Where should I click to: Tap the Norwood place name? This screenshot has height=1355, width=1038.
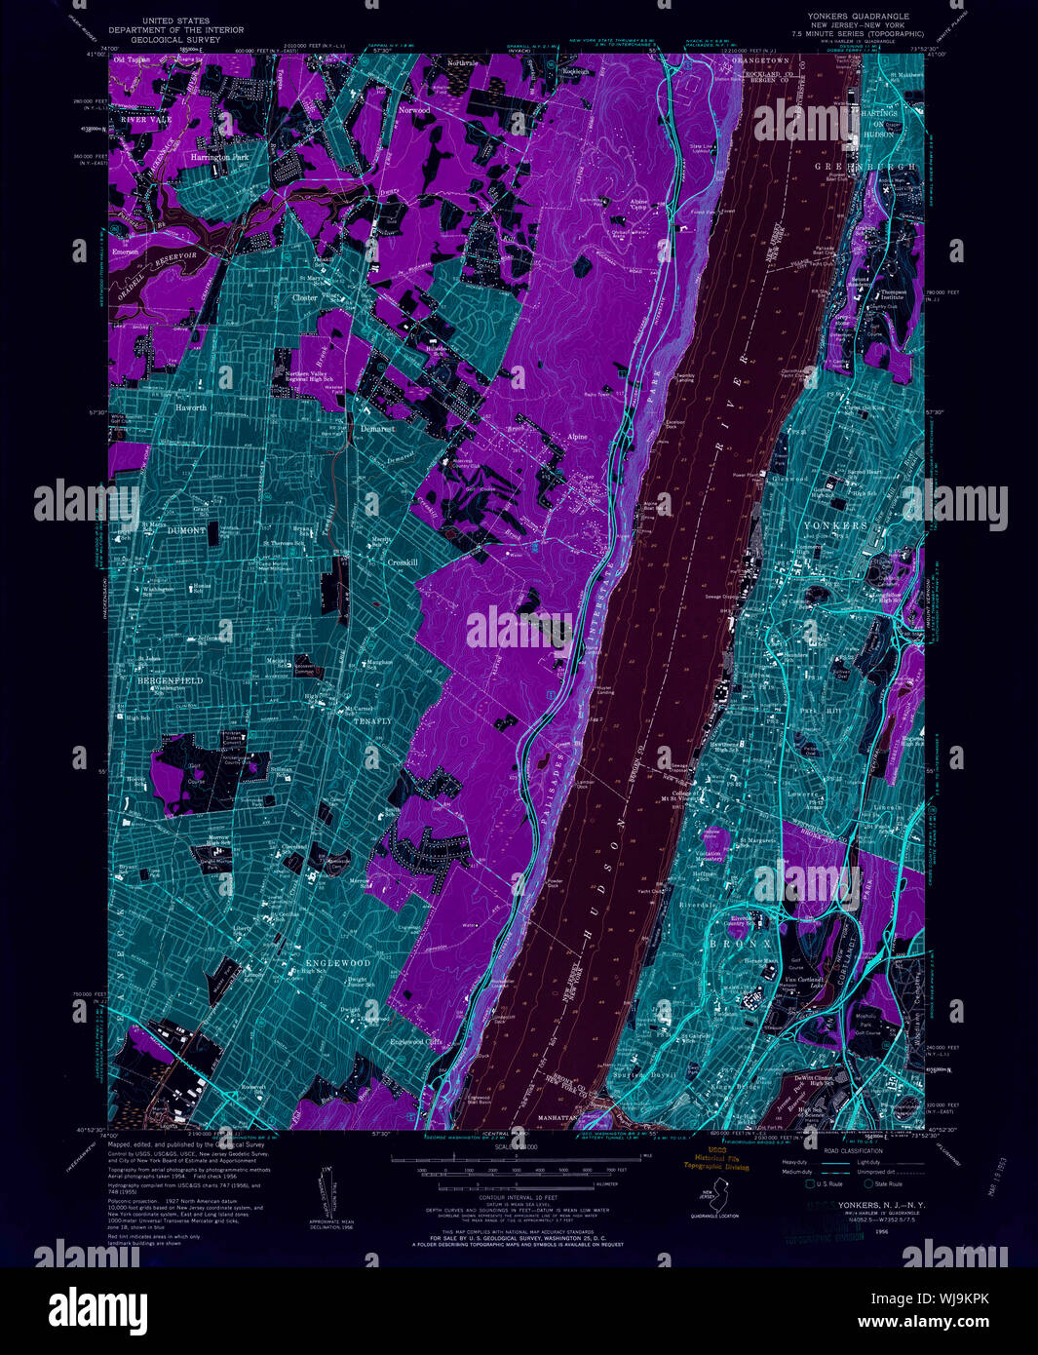413,110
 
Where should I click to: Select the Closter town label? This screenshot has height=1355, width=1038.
305,297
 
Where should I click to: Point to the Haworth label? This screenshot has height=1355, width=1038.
191,407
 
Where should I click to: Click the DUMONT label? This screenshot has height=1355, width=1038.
187,530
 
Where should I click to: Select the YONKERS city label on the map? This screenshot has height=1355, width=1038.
834,525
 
